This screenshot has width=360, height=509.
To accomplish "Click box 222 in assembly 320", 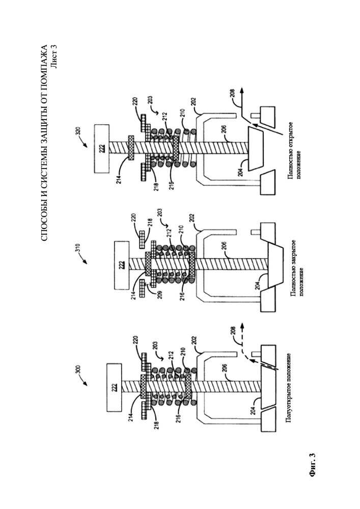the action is (x=102, y=149).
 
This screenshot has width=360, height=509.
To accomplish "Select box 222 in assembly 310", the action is (x=121, y=265).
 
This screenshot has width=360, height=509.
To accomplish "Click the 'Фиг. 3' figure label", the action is (x=85, y=465).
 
